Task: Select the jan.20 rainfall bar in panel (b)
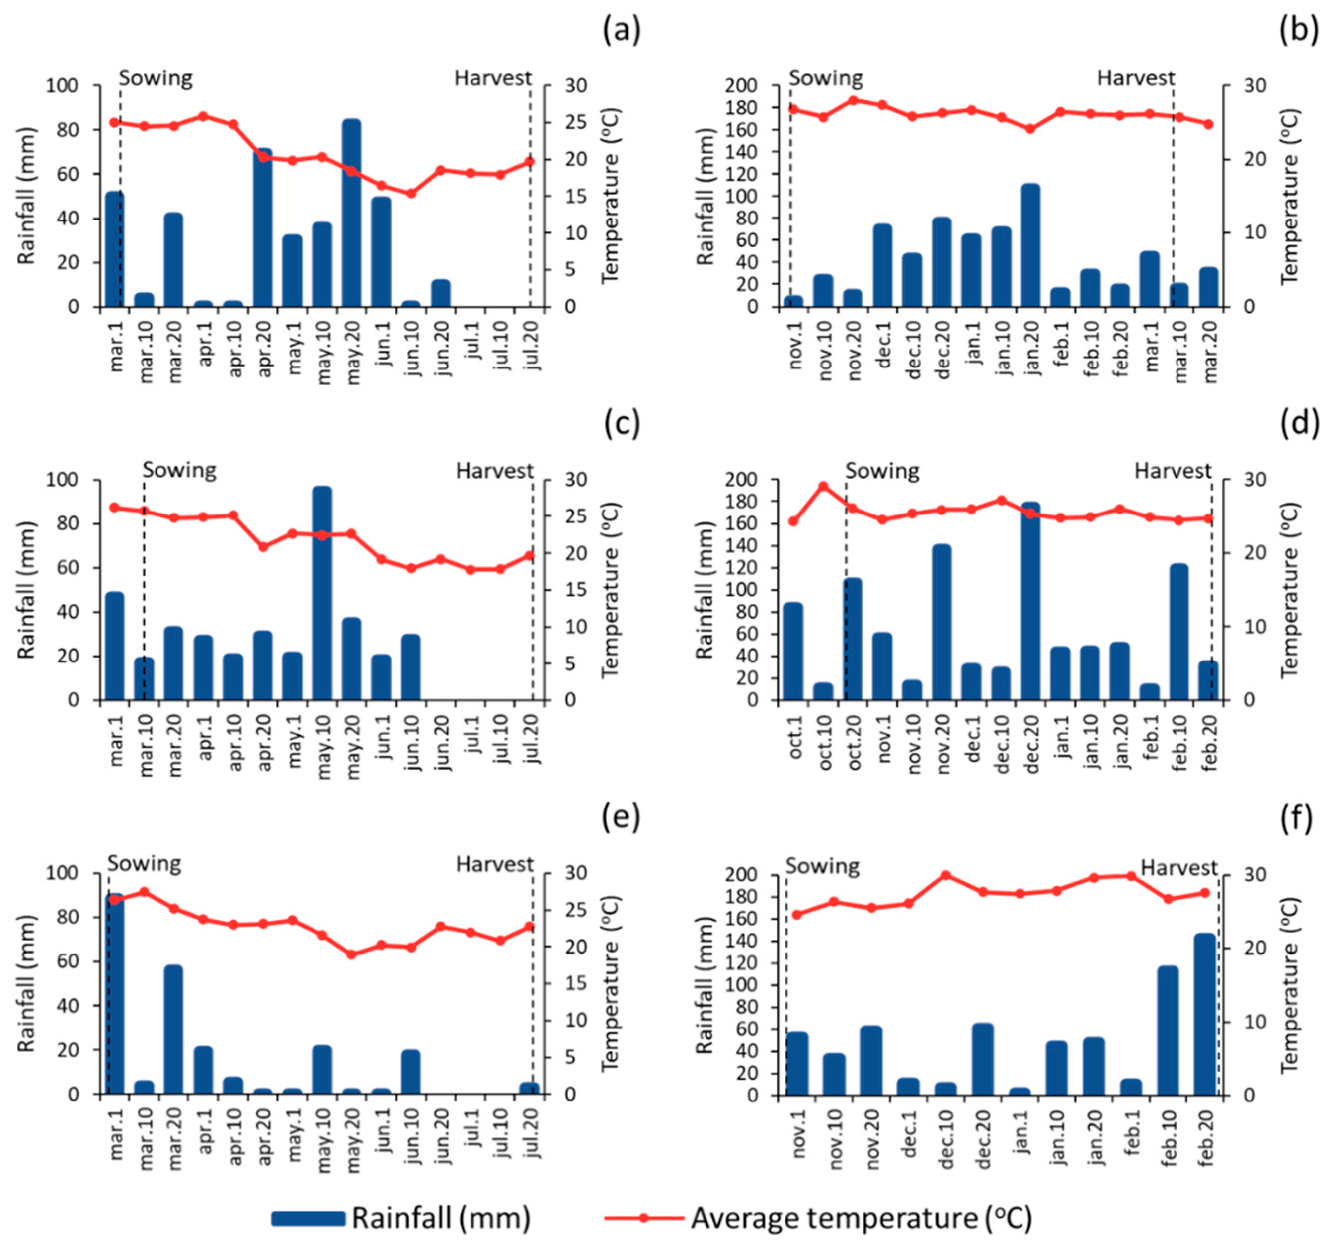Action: (1031, 245)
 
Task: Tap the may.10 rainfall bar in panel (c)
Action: (322, 593)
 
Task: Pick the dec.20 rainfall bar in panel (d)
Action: (1031, 601)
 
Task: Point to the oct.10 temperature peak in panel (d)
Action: (823, 486)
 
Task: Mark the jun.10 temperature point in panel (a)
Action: (411, 193)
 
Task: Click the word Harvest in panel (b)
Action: (1135, 78)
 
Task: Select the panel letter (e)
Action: (622, 819)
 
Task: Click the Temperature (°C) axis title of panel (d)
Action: (1290, 589)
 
